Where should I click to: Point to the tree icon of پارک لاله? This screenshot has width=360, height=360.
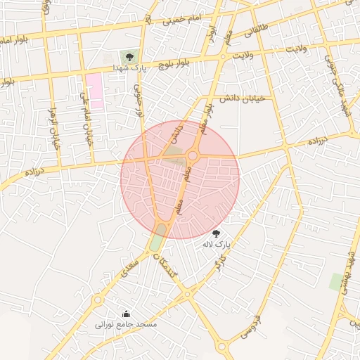click(217, 233)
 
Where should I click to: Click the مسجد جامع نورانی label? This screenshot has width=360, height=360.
click(127, 325)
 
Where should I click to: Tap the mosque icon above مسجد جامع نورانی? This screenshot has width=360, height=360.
click(126, 314)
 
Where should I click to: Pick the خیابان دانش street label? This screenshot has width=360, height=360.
click(241, 98)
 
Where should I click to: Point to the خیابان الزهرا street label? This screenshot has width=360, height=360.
click(51, 130)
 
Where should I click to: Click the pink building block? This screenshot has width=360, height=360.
click(94, 90)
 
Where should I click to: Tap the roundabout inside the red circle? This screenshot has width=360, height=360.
click(193, 155)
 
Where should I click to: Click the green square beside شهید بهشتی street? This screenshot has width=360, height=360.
click(336, 282)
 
